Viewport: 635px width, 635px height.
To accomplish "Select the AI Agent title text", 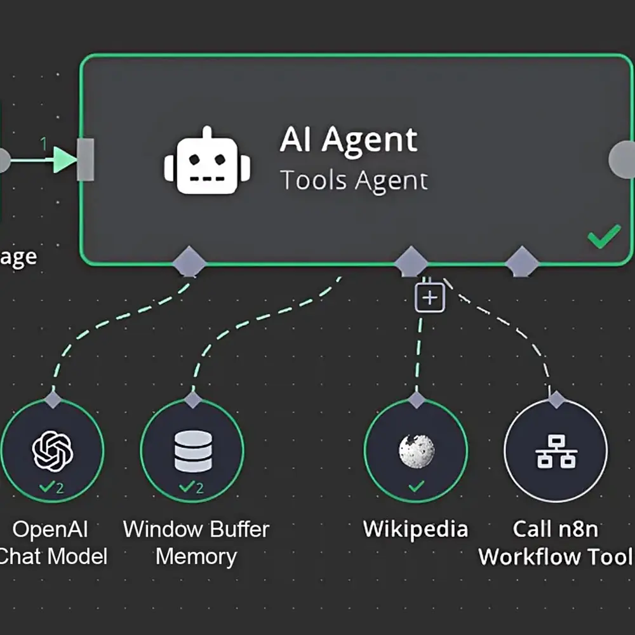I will [x=349, y=140].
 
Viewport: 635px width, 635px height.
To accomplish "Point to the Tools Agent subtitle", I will [x=354, y=180].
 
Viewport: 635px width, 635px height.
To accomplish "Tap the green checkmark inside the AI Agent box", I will [x=604, y=237].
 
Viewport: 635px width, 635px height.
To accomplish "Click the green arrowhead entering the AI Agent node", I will [x=65, y=159].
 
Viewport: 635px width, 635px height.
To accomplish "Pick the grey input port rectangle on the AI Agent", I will [x=85, y=159].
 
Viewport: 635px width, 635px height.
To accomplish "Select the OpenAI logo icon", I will [x=53, y=450].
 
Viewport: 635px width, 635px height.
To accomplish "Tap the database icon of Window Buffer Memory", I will [x=192, y=451].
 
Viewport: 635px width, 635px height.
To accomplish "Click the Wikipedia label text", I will [x=415, y=529].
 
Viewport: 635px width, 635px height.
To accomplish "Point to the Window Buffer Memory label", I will [x=196, y=542].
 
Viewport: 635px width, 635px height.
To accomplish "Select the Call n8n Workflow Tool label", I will [x=556, y=542].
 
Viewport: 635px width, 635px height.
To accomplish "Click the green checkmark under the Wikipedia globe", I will [x=416, y=487].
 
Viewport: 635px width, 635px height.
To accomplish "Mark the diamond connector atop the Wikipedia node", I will [x=417, y=399].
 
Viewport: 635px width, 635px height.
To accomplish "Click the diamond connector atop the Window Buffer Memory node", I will [x=193, y=399].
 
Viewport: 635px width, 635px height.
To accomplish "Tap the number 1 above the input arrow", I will [x=44, y=144].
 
